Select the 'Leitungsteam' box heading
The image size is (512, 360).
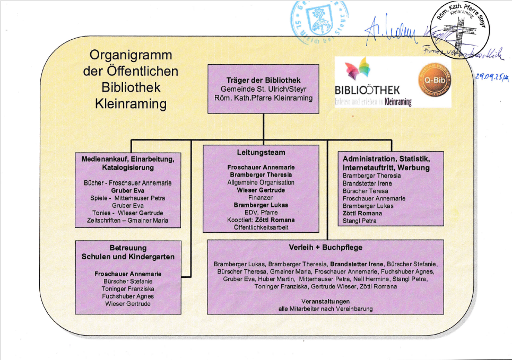261,153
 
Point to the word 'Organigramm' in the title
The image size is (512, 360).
131,56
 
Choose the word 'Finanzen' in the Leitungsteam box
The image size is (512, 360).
261,197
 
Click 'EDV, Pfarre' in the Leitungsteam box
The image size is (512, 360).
261,212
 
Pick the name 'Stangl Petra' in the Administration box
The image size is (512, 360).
359,221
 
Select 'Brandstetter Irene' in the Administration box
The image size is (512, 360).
367,183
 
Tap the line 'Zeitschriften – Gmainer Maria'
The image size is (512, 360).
127,221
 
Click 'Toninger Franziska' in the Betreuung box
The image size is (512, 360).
128,288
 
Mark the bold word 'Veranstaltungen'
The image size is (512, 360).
325,301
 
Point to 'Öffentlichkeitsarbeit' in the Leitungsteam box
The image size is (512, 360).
261,227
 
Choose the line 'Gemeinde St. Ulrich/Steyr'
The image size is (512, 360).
263,89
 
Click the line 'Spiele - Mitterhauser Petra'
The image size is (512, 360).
128,198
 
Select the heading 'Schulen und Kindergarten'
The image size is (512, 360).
128,257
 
